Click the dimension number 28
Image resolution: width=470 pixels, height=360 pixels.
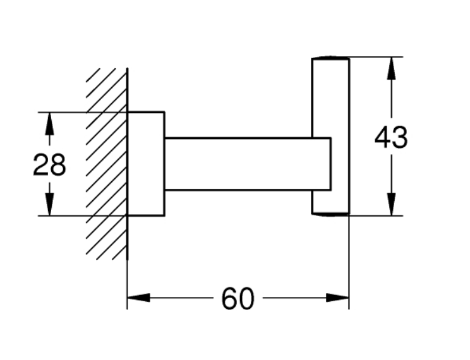click(49, 165)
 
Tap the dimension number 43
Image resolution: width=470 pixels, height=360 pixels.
click(391, 138)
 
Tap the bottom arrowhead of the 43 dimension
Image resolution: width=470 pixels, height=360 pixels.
click(392, 204)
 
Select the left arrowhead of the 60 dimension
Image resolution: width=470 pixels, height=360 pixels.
click(138, 297)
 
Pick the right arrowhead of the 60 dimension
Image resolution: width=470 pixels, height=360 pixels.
click(337, 297)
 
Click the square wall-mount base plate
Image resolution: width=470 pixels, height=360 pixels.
click(146, 164)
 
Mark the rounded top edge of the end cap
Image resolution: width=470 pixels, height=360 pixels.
click(330, 59)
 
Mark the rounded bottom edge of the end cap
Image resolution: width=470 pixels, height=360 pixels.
click(330, 214)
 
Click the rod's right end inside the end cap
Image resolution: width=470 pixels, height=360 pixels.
click(328, 164)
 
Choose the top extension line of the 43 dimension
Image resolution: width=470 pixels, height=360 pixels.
click(376, 57)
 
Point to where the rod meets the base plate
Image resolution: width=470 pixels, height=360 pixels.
click(165, 164)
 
